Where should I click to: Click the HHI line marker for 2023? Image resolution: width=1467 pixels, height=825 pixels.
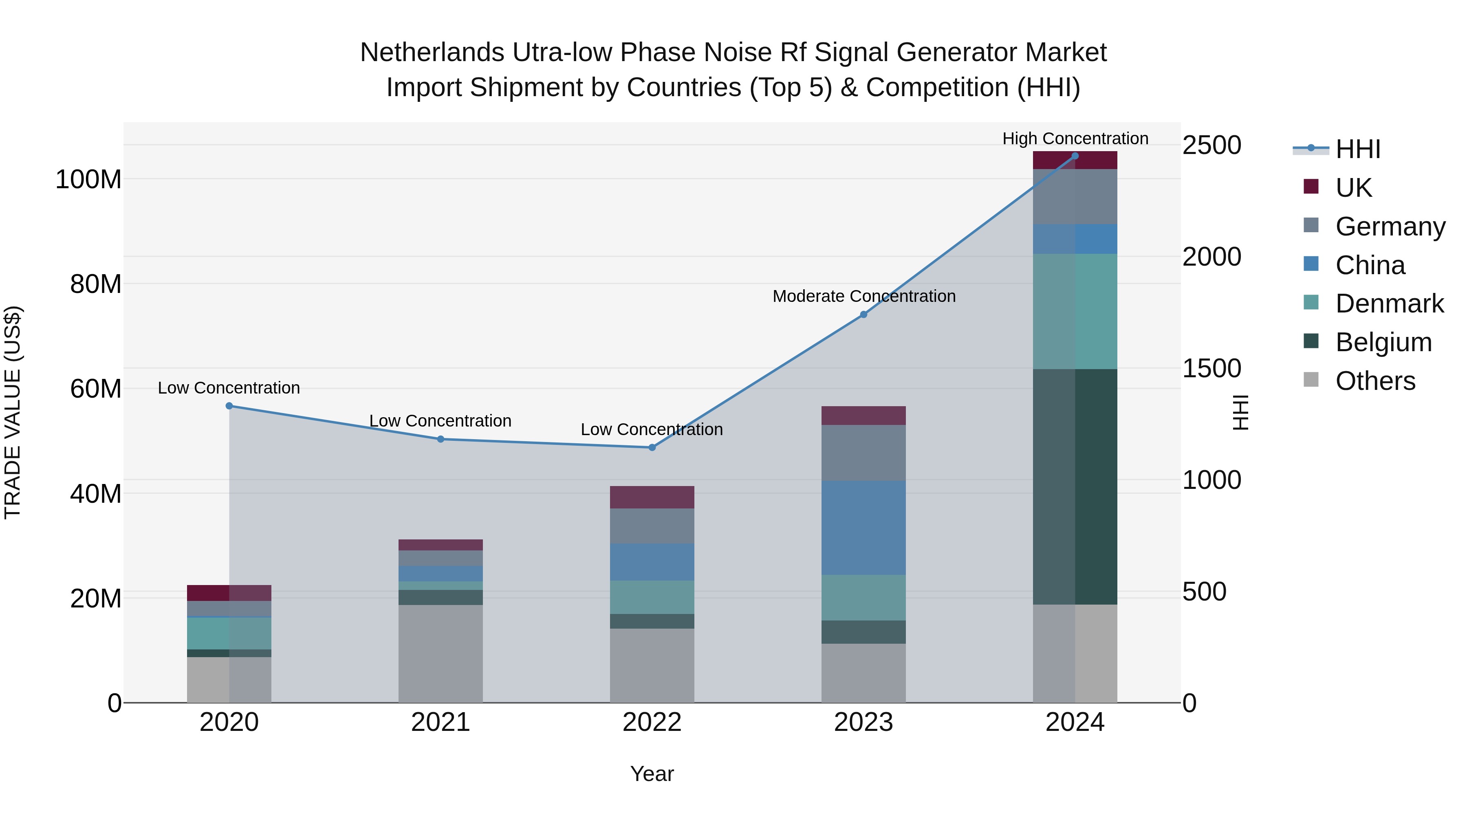click(x=863, y=314)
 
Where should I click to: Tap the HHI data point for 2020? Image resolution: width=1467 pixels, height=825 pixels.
click(x=229, y=406)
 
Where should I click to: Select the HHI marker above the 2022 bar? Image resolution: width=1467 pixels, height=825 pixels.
click(x=652, y=447)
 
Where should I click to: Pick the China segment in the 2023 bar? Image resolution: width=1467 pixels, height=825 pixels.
click(x=863, y=527)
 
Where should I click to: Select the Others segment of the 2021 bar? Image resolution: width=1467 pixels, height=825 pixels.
click(x=440, y=653)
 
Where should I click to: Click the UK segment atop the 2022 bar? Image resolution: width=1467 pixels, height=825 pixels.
click(x=652, y=497)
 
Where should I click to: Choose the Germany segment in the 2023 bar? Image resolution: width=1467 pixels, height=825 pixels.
click(x=863, y=453)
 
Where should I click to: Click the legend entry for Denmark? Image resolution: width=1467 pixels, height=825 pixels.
click(x=1389, y=304)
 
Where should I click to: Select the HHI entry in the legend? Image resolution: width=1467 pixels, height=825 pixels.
click(x=1358, y=149)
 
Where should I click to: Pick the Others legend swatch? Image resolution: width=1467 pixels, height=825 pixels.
click(x=1311, y=380)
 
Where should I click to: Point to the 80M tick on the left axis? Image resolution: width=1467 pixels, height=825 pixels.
click(x=96, y=284)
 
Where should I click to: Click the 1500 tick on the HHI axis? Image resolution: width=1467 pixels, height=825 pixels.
click(x=1212, y=368)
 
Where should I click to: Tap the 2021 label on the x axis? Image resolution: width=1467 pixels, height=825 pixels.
click(x=440, y=722)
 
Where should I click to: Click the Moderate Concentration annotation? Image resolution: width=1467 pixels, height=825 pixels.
click(x=863, y=296)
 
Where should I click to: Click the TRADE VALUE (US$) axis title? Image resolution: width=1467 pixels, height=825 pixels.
click(x=13, y=412)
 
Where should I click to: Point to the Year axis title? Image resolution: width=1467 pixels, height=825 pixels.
click(x=652, y=774)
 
